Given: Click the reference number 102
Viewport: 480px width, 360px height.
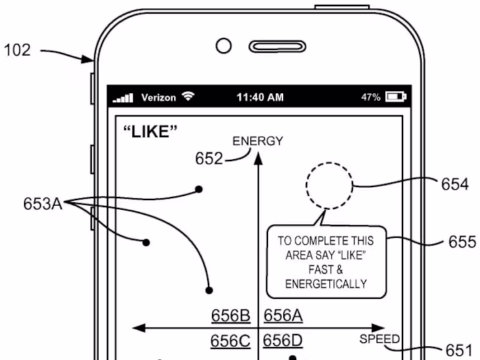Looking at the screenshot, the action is tap(17, 50).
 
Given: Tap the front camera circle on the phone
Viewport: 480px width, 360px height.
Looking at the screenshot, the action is tap(224, 46).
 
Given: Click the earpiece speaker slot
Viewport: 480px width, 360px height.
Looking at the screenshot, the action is tap(277, 47).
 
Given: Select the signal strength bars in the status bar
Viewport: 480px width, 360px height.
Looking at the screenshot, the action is tap(123, 98).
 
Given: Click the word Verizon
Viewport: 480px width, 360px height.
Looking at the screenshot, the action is tap(158, 97).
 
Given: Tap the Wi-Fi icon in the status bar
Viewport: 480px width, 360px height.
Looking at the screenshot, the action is tap(188, 96).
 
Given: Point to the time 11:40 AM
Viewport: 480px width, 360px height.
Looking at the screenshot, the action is tap(260, 97).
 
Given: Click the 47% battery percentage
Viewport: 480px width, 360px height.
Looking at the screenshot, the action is tap(371, 97).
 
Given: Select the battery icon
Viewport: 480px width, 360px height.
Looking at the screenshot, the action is tap(396, 97).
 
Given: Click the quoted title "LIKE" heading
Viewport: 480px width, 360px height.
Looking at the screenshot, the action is tap(150, 132).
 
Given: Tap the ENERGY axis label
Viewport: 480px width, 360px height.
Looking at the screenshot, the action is tap(258, 141).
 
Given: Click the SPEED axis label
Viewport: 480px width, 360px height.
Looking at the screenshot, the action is tap(380, 339).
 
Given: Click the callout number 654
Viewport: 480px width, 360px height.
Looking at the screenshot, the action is tap(455, 184).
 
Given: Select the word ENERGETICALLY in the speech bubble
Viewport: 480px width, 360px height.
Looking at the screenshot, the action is tap(326, 284).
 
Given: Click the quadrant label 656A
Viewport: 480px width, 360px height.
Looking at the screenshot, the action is tap(283, 315).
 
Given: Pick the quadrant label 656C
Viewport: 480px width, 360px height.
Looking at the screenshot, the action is tap(230, 341).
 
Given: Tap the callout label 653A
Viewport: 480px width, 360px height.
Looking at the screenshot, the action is tap(43, 204).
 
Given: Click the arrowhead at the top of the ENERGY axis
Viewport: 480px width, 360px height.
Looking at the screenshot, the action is tap(259, 158).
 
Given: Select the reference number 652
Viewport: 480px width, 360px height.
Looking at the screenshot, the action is tap(209, 158).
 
